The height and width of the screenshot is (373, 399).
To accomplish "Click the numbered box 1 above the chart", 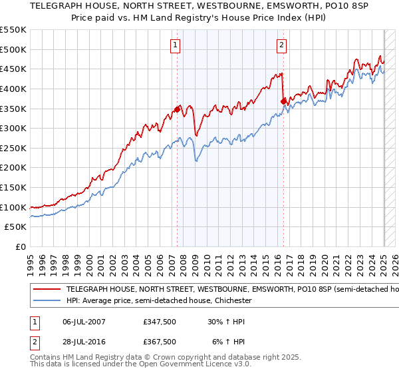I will click(x=175, y=45).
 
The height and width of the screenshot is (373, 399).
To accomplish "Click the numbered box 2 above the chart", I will click(x=281, y=45).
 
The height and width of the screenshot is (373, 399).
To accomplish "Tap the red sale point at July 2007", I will click(x=178, y=109).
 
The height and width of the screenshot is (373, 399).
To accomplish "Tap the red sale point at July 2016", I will click(x=284, y=101).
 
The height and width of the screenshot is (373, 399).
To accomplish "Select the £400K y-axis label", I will click(x=13, y=89).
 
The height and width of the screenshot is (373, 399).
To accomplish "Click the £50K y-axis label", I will click(x=16, y=227).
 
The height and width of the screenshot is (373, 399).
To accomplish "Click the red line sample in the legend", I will click(x=46, y=290).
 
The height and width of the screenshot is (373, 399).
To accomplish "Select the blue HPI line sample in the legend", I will click(x=46, y=301).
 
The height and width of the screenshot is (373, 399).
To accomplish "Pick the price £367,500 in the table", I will click(x=160, y=341).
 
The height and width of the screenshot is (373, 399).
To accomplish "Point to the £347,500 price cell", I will click(x=160, y=322).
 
